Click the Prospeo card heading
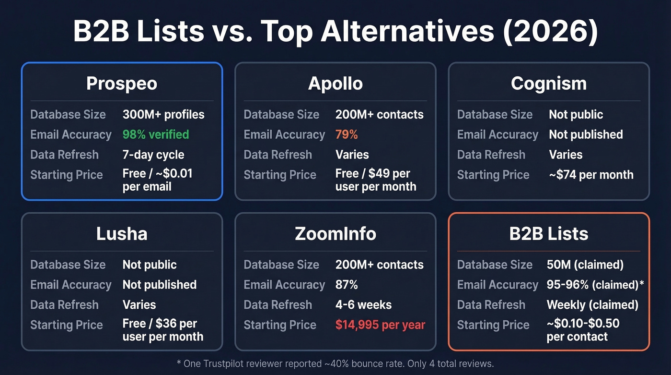(122, 84)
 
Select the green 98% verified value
(156, 134)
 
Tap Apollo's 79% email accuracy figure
(347, 134)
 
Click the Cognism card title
(549, 84)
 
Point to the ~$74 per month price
(591, 175)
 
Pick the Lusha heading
(122, 234)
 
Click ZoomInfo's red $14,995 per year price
(380, 325)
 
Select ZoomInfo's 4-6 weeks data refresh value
(363, 305)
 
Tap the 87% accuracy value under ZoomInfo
(347, 285)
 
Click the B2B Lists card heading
(549, 234)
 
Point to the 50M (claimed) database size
(585, 265)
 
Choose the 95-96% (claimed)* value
(595, 285)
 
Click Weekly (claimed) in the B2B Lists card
(592, 305)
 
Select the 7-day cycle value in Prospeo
(153, 155)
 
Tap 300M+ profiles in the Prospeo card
(163, 114)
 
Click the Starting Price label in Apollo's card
(280, 175)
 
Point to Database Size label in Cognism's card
(495, 114)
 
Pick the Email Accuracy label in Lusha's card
(71, 285)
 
